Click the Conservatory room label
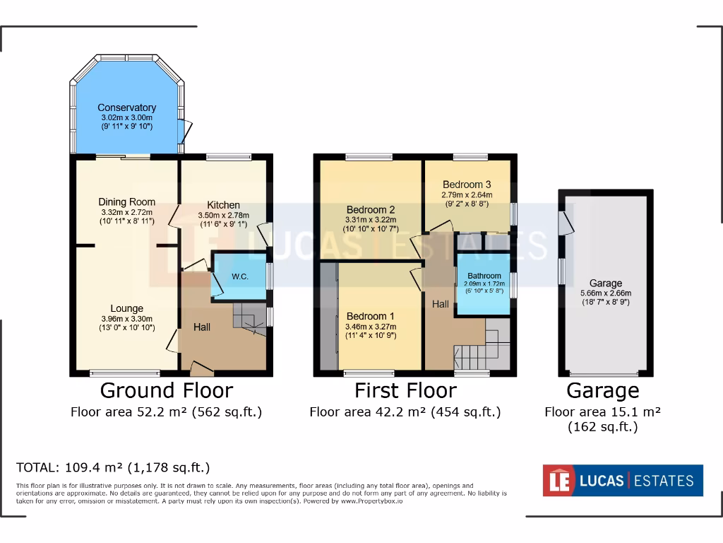126,108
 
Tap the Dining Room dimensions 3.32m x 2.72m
126,212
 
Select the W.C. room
239,276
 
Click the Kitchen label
223,205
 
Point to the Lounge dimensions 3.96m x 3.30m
126,319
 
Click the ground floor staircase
249,318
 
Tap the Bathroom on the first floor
484,276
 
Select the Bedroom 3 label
467,185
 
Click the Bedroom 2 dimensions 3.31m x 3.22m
370,220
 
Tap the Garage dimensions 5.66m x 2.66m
605,293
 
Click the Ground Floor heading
166,390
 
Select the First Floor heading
405,390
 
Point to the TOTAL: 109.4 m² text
113,467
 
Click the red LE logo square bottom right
556,481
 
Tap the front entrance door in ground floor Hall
202,368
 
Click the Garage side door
563,222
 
